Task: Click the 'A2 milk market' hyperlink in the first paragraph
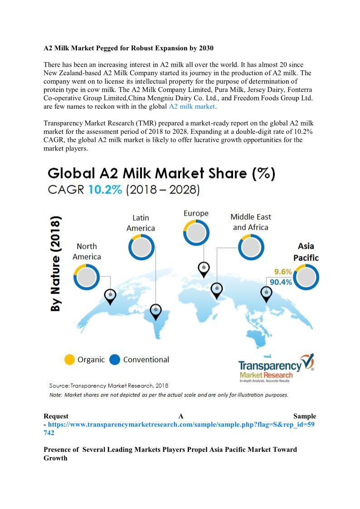192,107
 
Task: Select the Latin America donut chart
141,247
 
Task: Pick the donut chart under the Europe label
196,232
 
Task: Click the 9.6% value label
282,272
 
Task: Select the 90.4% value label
281,282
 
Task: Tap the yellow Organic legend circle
69,359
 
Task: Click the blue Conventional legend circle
115,359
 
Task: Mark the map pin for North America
110,296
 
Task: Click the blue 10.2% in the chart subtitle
105,189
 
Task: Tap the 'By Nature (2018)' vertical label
56,264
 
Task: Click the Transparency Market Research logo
275,368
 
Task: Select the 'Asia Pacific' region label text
306,252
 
